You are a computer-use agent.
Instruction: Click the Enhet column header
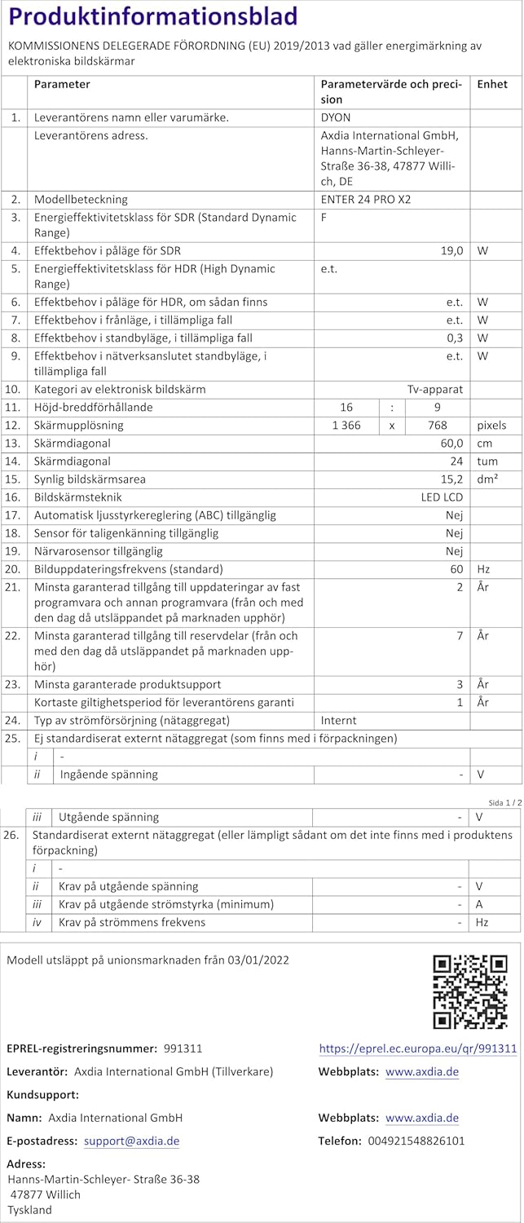pyautogui.click(x=492, y=84)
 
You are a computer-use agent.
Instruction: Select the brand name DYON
pyautogui.click(x=336, y=117)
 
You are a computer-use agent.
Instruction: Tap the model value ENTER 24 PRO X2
pyautogui.click(x=372, y=199)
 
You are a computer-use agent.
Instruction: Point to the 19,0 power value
pyautogui.click(x=451, y=251)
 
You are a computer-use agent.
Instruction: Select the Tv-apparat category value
pyautogui.click(x=435, y=390)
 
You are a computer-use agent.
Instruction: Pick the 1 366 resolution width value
pyautogui.click(x=346, y=425)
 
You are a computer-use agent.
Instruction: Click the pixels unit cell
pyautogui.click(x=491, y=425)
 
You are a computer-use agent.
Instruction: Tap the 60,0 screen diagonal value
pyautogui.click(x=451, y=443)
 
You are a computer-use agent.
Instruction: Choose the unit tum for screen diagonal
pyautogui.click(x=487, y=461)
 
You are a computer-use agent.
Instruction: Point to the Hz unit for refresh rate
pyautogui.click(x=484, y=569)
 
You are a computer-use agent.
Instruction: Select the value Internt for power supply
pyautogui.click(x=338, y=721)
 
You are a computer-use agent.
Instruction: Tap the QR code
pyautogui.click(x=470, y=991)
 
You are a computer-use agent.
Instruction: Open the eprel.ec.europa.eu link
pyautogui.click(x=417, y=1049)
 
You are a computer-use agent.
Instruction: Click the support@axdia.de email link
pyautogui.click(x=131, y=1141)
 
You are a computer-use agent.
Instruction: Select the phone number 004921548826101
pyautogui.click(x=416, y=1141)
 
